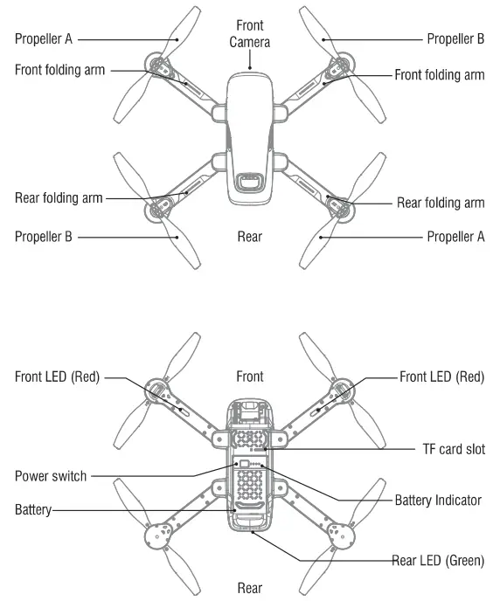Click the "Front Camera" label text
pos(250,34)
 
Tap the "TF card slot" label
pos(447,450)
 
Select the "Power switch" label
pos(51,477)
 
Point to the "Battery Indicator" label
pos(438,501)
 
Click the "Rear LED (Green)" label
pos(438,560)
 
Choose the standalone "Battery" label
pos(33,508)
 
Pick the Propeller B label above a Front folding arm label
pos(455,39)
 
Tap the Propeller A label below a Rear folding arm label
pos(455,237)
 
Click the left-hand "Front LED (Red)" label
pos(58,377)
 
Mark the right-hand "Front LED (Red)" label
pos(441,377)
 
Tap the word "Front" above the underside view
pos(250,377)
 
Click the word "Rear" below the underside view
pos(250,588)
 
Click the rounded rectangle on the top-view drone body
pos(249,182)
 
